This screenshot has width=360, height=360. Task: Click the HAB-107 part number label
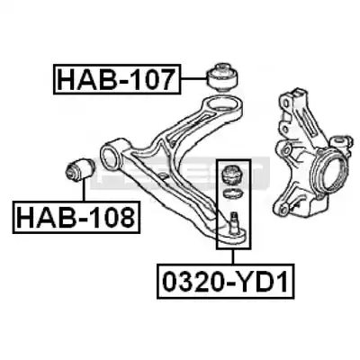(x=117, y=79)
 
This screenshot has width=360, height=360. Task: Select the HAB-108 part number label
(x=76, y=218)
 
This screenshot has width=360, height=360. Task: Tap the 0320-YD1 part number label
(x=226, y=281)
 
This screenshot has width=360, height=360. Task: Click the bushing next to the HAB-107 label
(x=222, y=76)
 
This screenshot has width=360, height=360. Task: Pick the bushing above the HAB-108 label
(x=80, y=169)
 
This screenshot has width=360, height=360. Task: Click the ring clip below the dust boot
(x=232, y=193)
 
